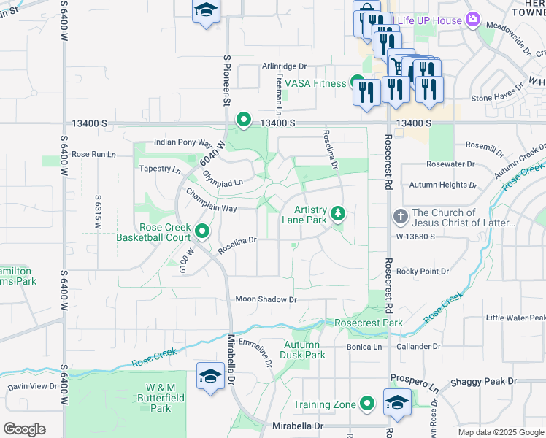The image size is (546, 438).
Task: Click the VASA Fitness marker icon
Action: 357,82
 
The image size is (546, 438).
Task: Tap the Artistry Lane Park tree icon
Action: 337,213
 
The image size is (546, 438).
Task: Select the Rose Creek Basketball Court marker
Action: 202,231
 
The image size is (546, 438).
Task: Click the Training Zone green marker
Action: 369,404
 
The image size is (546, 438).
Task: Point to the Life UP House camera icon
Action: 473,19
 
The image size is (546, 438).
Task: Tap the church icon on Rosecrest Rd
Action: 399,216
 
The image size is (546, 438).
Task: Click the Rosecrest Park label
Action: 369,323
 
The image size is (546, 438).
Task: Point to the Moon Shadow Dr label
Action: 266,299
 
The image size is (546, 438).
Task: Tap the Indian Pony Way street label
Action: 182,143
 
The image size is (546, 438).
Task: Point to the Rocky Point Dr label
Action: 422,271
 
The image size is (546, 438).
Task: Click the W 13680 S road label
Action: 415,237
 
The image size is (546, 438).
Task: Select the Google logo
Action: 24,429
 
